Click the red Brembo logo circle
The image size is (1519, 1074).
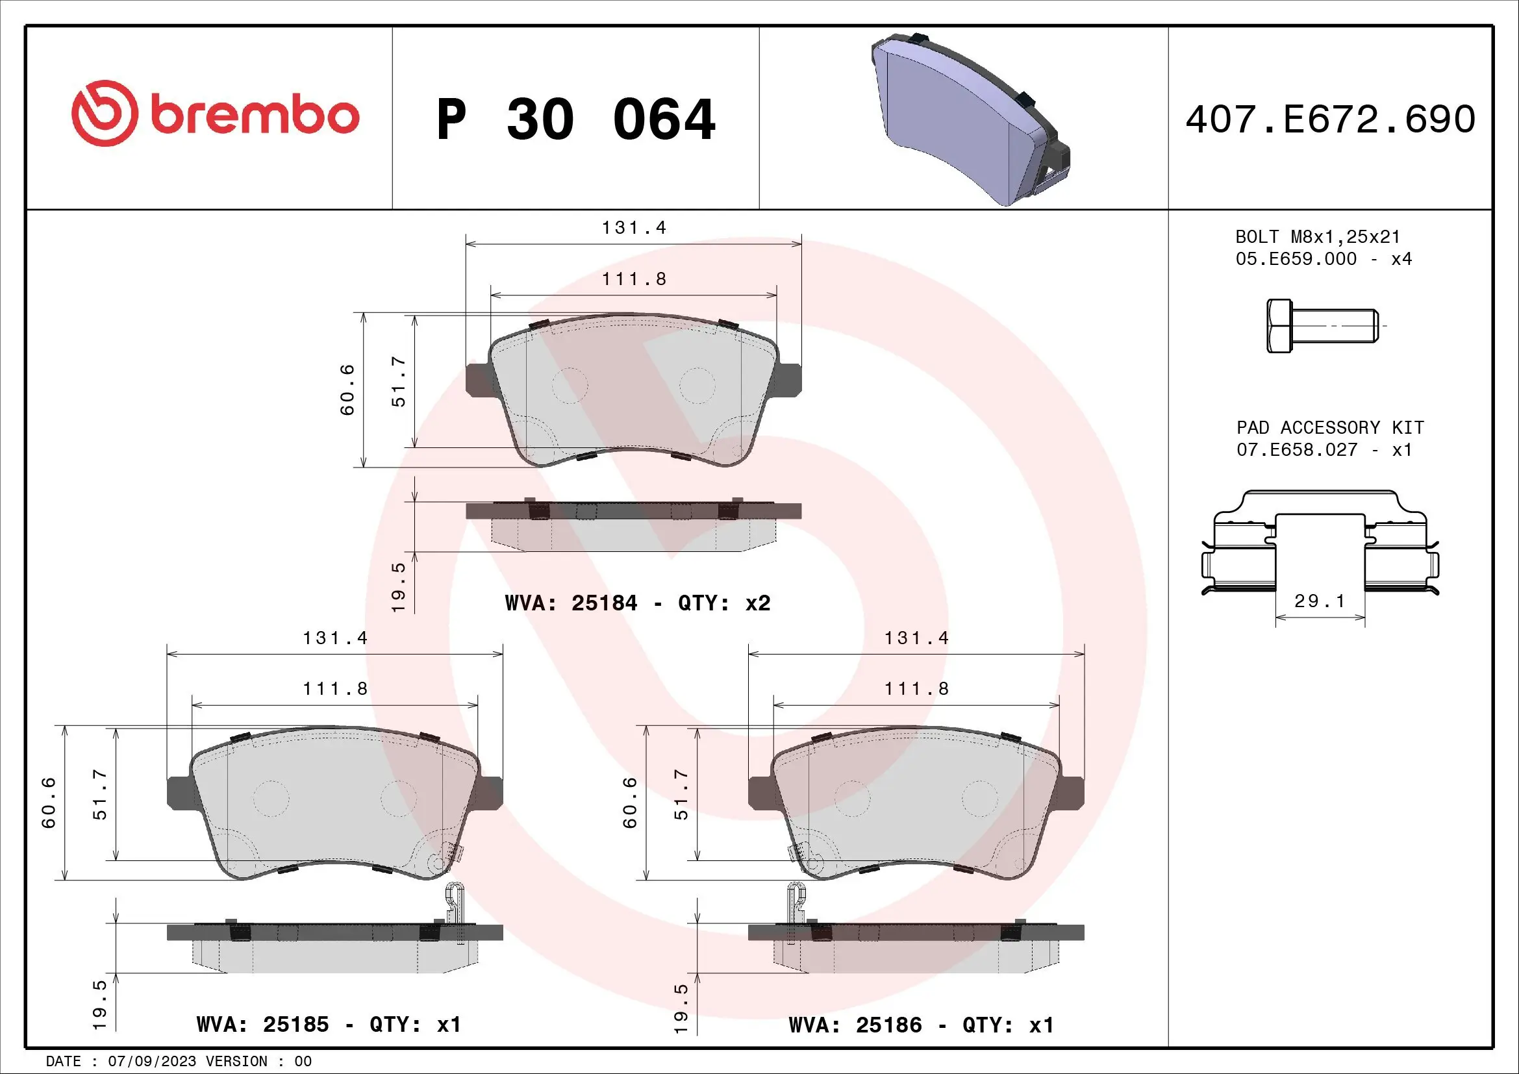point(105,114)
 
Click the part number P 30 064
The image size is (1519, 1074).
point(575,119)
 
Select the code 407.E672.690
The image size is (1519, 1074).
point(1330,119)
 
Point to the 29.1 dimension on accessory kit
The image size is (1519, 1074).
point(1319,601)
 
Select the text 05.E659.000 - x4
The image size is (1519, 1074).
point(1323,259)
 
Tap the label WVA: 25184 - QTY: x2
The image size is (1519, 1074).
point(637,603)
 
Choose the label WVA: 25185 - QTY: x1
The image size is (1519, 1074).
point(328,1025)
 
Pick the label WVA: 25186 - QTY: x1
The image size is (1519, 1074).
point(921,1025)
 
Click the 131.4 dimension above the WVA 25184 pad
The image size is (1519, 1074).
point(633,228)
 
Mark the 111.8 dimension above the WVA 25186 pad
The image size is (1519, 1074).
point(916,689)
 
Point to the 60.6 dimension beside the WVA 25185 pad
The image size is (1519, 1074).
point(49,802)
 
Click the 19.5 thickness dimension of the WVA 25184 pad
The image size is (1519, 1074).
point(398,586)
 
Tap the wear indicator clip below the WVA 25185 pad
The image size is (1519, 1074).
point(454,903)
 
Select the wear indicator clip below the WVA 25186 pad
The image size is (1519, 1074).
point(796,903)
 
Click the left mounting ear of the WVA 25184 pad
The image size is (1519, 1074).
point(478,381)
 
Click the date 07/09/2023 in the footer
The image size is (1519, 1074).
point(152,1062)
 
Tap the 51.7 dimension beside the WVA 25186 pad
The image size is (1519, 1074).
point(681,794)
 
